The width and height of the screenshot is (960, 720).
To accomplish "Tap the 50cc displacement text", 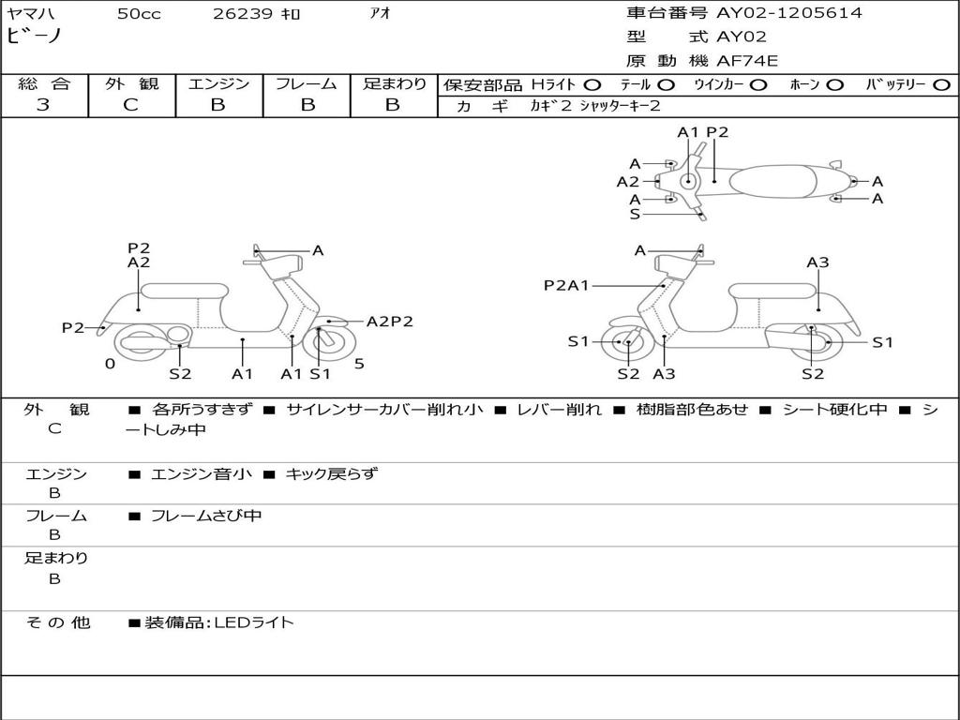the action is click(x=139, y=14).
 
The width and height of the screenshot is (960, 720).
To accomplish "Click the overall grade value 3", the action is click(x=43, y=105).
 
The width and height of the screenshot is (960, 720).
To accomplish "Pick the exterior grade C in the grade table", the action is click(x=131, y=105).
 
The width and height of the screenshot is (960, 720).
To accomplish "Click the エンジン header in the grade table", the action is click(x=218, y=83).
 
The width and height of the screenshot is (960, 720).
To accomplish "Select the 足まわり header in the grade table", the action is click(x=394, y=83).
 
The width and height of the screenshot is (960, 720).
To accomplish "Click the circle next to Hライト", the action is click(x=592, y=84).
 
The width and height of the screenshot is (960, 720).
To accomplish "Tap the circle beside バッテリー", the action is click(x=941, y=84).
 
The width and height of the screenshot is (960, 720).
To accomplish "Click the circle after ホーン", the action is click(x=835, y=84).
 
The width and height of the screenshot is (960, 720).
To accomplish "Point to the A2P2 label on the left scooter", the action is click(x=389, y=322).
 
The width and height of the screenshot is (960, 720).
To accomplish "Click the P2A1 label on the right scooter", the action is click(x=566, y=285).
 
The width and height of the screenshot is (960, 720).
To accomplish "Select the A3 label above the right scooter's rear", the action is click(x=817, y=262).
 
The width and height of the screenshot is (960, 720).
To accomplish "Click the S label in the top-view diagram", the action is click(x=635, y=214).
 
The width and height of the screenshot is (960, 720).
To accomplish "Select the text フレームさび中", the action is click(x=206, y=516).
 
